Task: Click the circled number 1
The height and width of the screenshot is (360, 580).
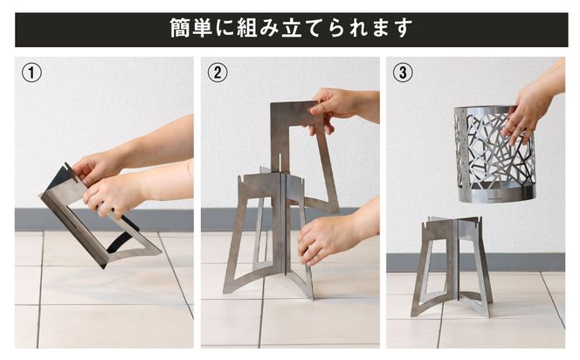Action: point(32,73)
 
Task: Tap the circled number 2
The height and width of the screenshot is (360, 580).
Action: point(217,73)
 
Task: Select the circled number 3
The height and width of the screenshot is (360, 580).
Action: point(403,73)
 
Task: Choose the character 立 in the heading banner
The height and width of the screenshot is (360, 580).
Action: point(302,29)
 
